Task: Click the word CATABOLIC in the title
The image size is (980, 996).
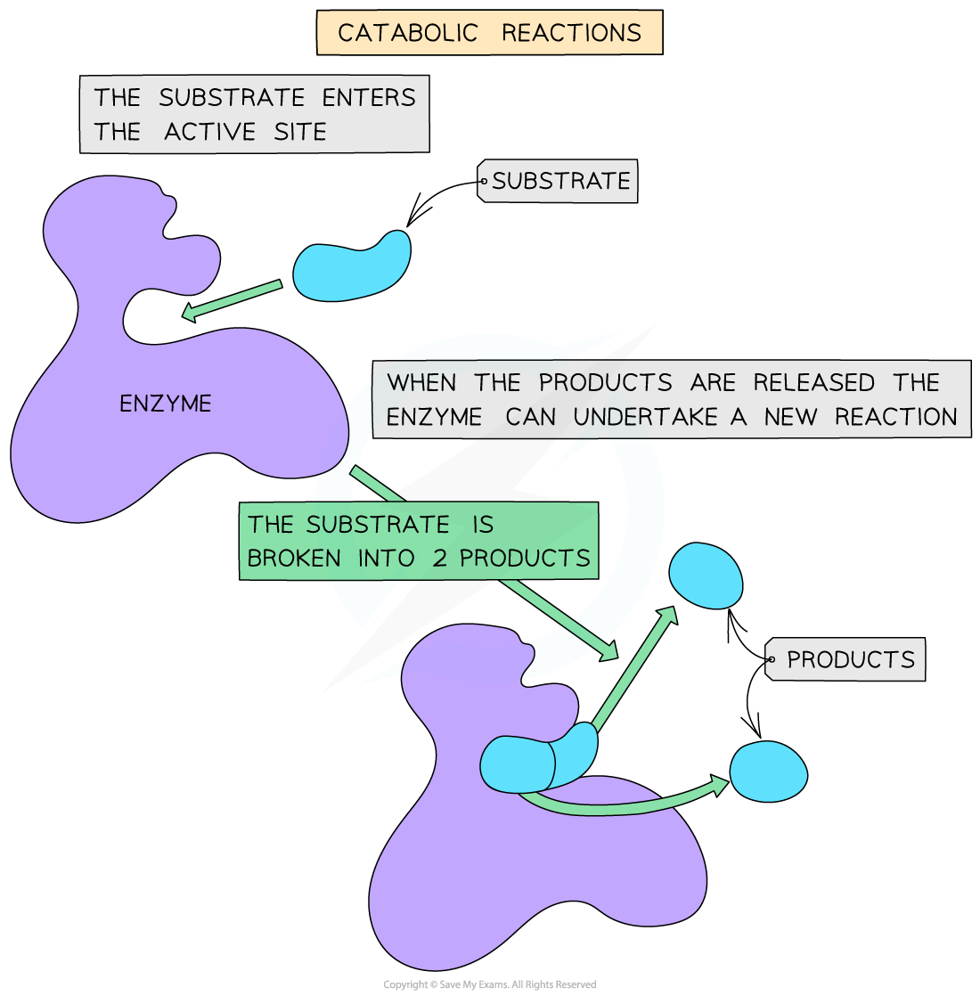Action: [x=408, y=34]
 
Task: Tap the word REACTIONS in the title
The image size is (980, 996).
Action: [x=571, y=34]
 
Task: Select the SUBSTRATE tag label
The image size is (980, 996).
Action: [x=560, y=182]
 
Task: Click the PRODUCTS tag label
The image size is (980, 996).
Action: [x=850, y=660]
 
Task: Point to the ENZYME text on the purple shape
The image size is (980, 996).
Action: [x=166, y=404]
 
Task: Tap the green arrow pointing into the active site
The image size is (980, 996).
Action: [x=232, y=299]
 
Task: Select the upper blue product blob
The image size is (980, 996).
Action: [x=706, y=576]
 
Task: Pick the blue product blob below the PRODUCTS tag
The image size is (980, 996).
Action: [x=768, y=771]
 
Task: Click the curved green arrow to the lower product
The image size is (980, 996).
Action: [x=624, y=805]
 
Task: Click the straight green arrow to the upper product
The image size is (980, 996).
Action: [x=634, y=668]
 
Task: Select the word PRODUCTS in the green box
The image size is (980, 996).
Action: [x=525, y=559]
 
